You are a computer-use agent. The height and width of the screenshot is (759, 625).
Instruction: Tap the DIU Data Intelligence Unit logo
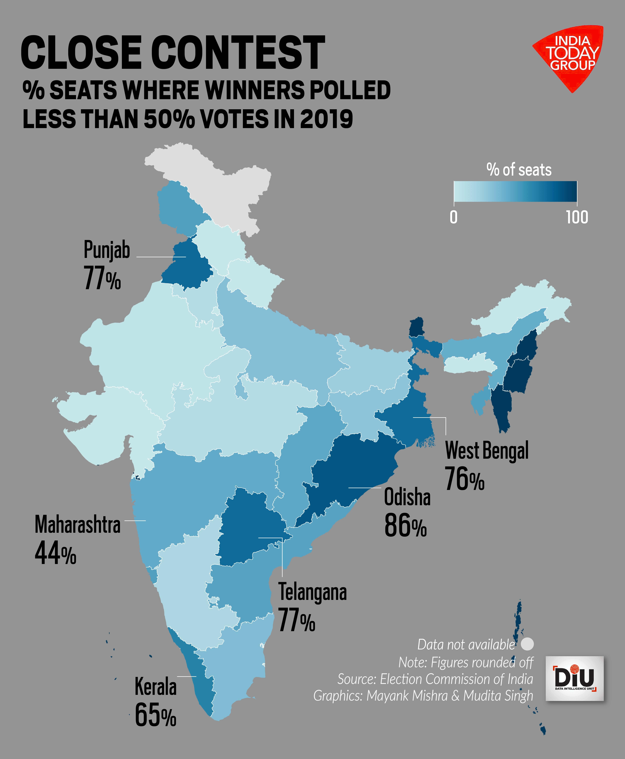coord(575,678)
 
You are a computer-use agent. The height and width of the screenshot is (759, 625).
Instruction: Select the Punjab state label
coord(107,250)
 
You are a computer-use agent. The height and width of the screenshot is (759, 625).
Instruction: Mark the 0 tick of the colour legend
coord(454,217)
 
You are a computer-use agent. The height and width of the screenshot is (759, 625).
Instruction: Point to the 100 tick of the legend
coord(577,217)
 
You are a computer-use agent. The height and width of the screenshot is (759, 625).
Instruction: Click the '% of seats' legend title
coord(519,169)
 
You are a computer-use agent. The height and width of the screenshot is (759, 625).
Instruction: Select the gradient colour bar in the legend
coord(515,191)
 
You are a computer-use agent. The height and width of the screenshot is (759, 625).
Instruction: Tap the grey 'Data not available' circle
coord(527,644)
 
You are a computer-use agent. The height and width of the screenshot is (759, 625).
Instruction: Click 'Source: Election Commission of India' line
coord(435,679)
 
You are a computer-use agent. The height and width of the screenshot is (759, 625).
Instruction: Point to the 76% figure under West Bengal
coord(464,479)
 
